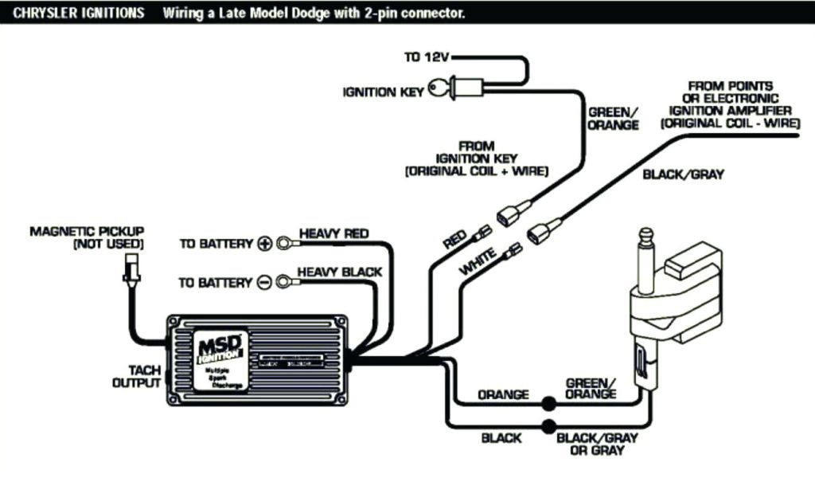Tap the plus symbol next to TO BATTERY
tap(265, 243)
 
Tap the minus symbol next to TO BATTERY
tap(265, 282)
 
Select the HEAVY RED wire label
tap(333, 233)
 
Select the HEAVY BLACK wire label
tap(339, 272)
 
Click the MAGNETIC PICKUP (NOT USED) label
tap(88, 237)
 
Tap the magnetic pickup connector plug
tap(128, 272)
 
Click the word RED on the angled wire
tap(455, 240)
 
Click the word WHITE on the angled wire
tap(478, 262)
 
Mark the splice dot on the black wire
tap(548, 426)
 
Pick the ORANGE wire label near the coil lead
tap(503, 394)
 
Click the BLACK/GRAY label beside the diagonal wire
tap(684, 174)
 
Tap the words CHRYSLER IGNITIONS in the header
tap(73, 14)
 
